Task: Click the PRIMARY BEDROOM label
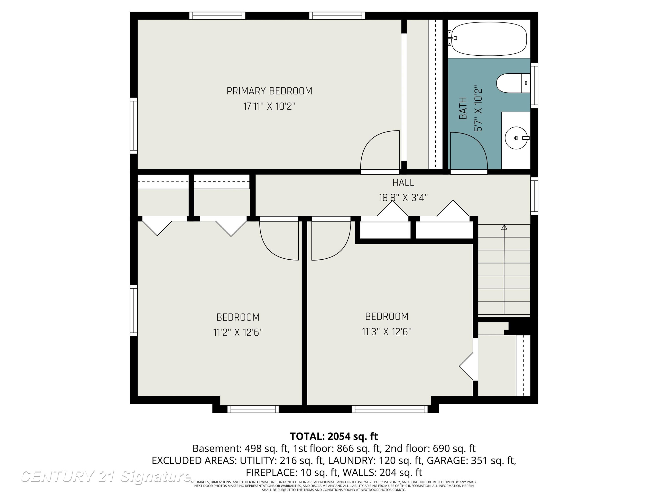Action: pos(269,91)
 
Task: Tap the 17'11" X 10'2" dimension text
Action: pos(269,106)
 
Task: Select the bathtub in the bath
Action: pos(489,39)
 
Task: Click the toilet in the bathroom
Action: pos(513,83)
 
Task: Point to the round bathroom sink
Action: pos(516,138)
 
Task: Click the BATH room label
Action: pos(463,108)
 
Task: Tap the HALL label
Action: pos(403,182)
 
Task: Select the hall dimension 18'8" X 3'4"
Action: pos(403,198)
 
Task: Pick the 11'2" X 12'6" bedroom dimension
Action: pos(238,332)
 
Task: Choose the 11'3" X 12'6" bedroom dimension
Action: pos(387,332)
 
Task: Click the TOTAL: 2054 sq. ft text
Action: pos(334,436)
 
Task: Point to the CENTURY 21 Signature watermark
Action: pos(106,477)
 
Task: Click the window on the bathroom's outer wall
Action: pos(534,86)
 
